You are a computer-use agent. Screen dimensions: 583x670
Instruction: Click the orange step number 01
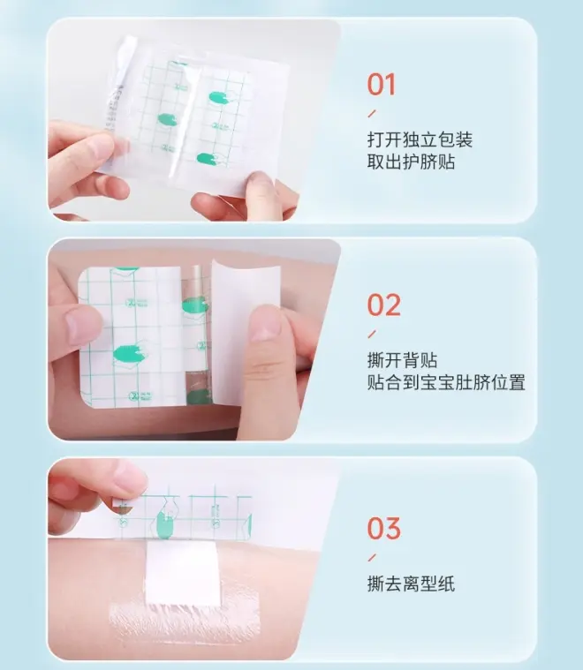coord(381,84)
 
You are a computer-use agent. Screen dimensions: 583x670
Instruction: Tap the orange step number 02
coord(383,305)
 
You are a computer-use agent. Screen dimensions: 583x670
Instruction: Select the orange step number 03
coord(383,529)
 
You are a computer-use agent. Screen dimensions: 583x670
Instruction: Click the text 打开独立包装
coord(420,140)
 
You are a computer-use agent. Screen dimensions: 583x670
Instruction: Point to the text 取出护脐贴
coord(411,162)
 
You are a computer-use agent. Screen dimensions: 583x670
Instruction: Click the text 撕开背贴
coord(402,360)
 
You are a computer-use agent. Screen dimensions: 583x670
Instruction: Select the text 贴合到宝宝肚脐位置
coord(446,382)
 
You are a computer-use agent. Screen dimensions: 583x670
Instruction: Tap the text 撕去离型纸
coord(411,583)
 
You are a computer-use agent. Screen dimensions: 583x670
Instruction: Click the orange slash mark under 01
coord(372,114)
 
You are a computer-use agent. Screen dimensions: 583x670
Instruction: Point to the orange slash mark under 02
coord(372,334)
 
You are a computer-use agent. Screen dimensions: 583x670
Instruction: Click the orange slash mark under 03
coord(372,558)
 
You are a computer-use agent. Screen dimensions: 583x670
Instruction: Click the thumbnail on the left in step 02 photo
coord(81,326)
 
